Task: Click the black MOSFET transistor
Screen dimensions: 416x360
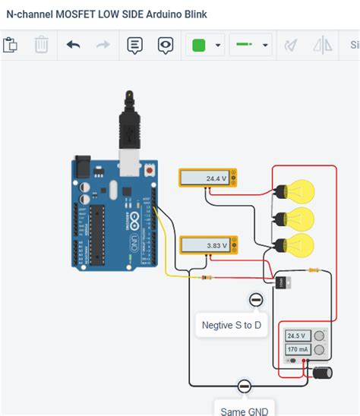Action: pos(279,282)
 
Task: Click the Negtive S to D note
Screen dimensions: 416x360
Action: pos(231,326)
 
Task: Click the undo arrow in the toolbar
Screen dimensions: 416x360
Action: pos(73,45)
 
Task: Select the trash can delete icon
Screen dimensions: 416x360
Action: pos(41,45)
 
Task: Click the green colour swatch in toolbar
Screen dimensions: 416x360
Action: pos(199,45)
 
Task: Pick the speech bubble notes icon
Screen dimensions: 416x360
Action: pos(134,45)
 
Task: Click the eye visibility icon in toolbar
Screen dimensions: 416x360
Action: pos(166,45)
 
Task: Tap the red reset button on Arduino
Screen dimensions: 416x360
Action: pos(150,172)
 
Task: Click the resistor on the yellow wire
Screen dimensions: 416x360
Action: pos(207,278)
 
